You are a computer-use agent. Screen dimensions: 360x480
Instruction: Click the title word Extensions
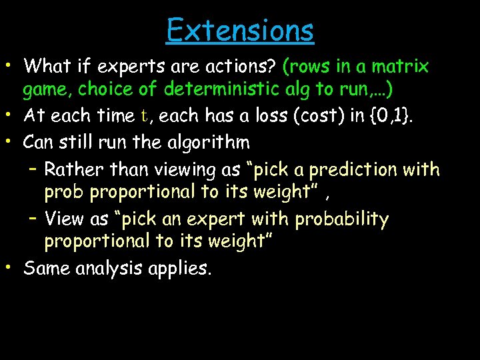pyautogui.click(x=240, y=30)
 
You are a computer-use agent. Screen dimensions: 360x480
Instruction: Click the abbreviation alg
pyautogui.click(x=293, y=89)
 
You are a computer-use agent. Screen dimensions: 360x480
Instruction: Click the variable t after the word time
pyautogui.click(x=145, y=116)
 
